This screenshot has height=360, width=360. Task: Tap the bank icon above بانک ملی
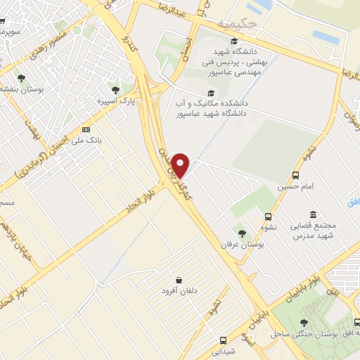(86, 129)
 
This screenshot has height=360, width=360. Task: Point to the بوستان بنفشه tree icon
(21, 77)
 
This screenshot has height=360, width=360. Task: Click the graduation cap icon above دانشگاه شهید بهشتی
(234, 41)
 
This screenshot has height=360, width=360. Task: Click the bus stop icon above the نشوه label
(268, 217)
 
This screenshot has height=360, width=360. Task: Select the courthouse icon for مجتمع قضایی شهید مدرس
(312, 214)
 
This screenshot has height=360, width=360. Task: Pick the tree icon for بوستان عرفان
(242, 233)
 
